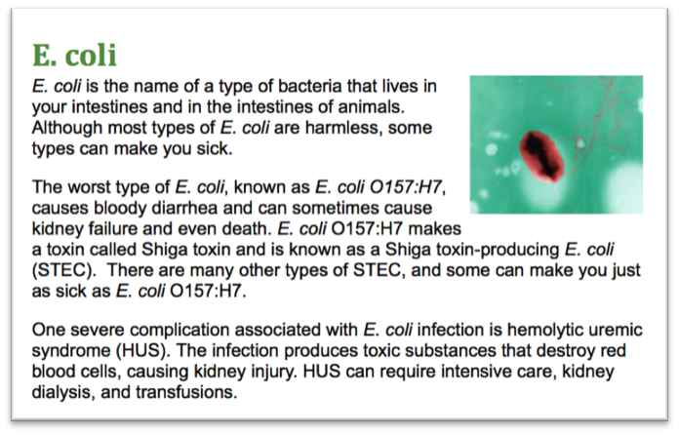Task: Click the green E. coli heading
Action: tap(74, 56)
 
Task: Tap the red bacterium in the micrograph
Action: tap(541, 156)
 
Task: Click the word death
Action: tap(247, 228)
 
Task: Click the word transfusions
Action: tap(186, 392)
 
